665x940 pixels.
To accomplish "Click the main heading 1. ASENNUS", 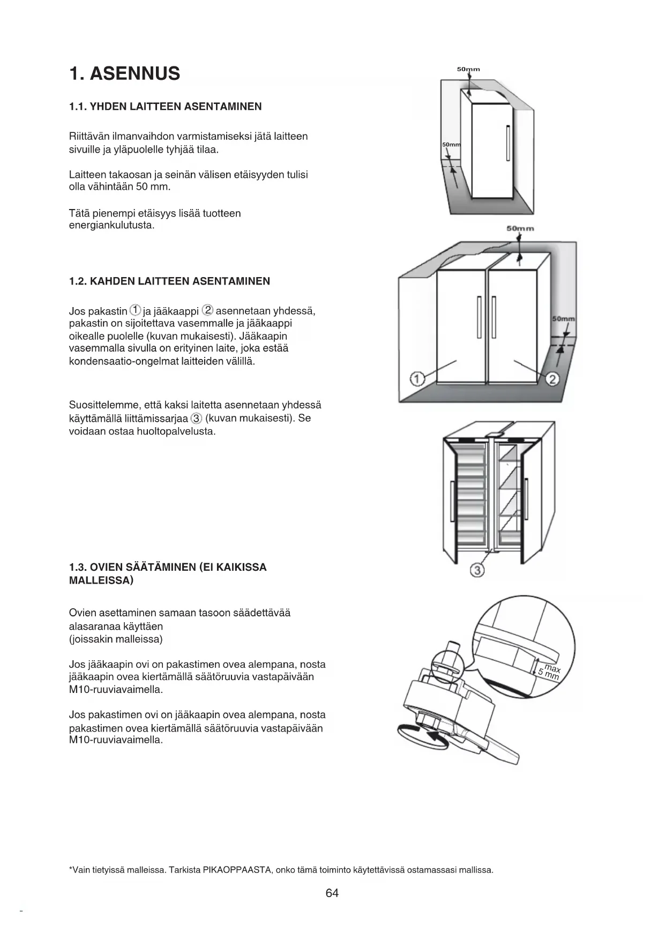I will pyautogui.click(x=124, y=73).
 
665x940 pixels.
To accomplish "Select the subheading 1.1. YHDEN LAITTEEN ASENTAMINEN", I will pyautogui.click(x=166, y=107).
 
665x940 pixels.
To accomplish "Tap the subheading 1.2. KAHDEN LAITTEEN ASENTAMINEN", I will pyautogui.click(x=169, y=281).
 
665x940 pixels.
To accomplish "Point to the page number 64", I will pyautogui.click(x=332, y=893).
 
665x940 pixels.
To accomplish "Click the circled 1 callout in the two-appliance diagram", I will pyautogui.click(x=417, y=379).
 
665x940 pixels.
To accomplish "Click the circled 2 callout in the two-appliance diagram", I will pyautogui.click(x=552, y=379).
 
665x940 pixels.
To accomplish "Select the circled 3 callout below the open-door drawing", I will pyautogui.click(x=477, y=570).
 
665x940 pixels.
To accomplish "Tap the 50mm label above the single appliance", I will pyautogui.click(x=468, y=69).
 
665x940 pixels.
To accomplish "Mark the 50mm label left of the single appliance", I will pyautogui.click(x=451, y=145).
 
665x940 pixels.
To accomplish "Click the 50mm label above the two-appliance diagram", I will pyautogui.click(x=520, y=229).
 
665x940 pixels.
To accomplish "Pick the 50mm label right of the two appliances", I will pyautogui.click(x=563, y=319).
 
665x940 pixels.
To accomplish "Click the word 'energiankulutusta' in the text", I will pyautogui.click(x=111, y=226).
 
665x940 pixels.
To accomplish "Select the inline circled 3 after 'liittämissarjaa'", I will pyautogui.click(x=197, y=419).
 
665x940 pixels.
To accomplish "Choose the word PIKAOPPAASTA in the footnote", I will pyautogui.click(x=236, y=870).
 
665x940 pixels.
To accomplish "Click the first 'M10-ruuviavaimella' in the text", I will pyautogui.click(x=116, y=690).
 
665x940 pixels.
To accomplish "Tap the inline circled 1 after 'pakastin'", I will pyautogui.click(x=136, y=310).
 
